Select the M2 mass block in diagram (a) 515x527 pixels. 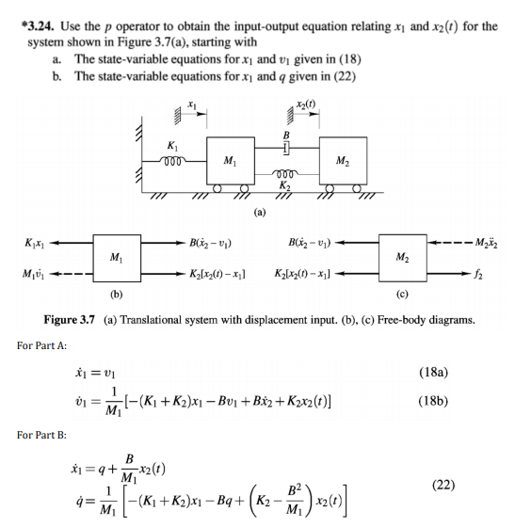(x=344, y=159)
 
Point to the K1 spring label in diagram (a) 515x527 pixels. (x=169, y=145)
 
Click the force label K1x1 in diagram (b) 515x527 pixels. (x=29, y=245)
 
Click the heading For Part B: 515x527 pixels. (x=40, y=436)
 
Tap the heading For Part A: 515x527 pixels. (x=40, y=344)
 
